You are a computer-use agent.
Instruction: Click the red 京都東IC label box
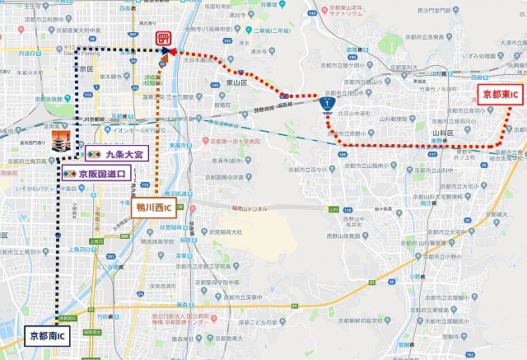[x=500, y=95]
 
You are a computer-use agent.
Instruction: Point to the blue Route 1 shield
[x=327, y=105]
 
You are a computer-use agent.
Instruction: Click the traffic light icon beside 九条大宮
[x=93, y=154]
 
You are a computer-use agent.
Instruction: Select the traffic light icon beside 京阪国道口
[x=71, y=174]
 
